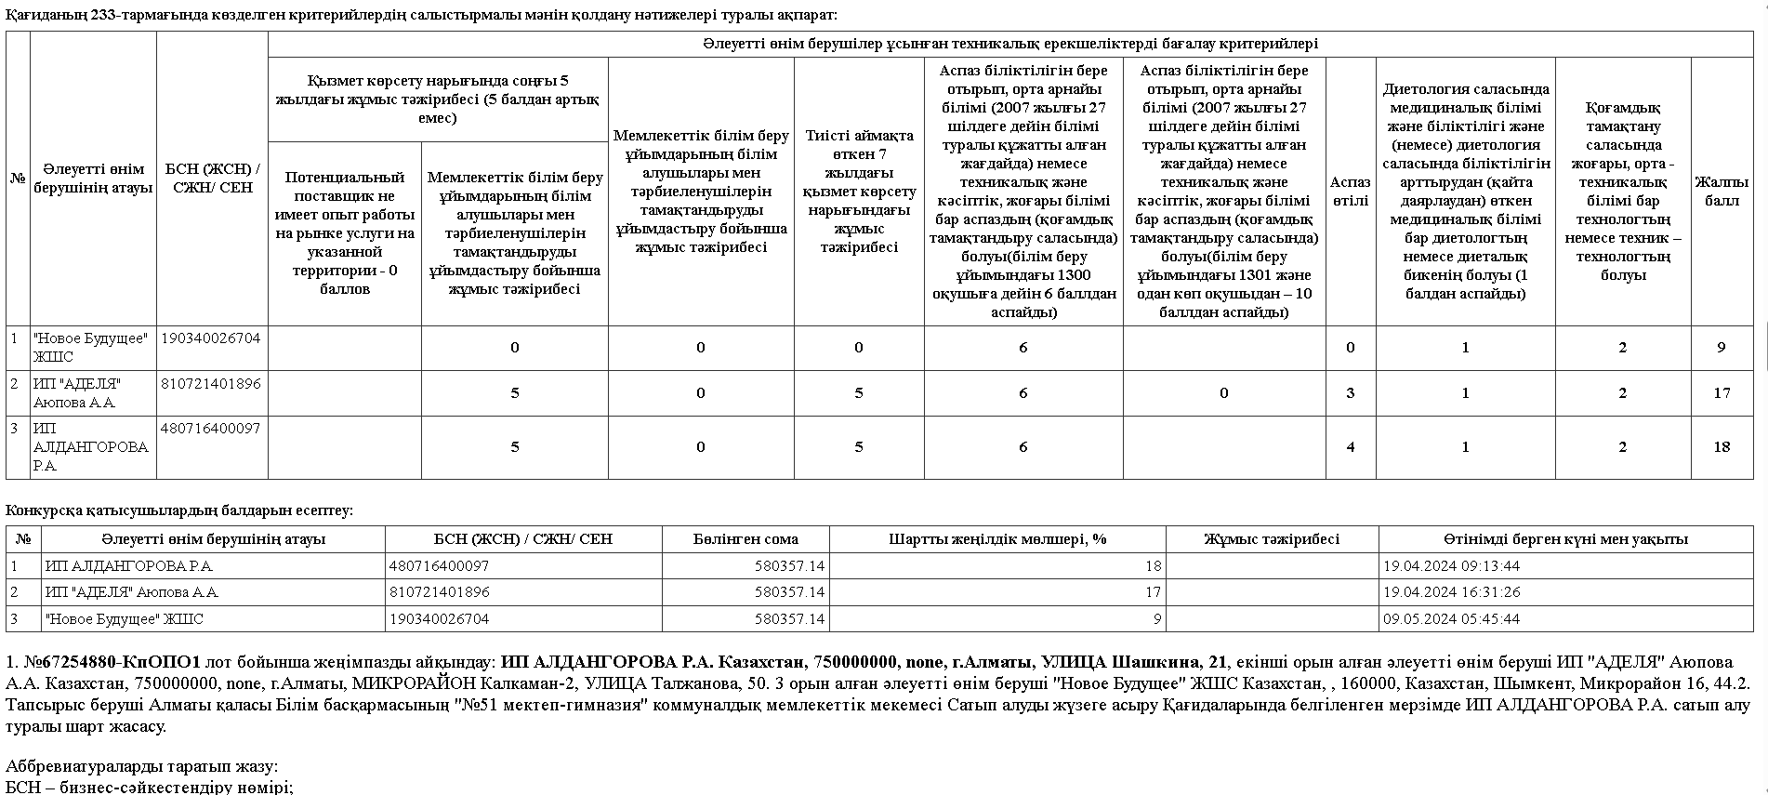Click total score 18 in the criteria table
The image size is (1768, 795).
(x=1722, y=447)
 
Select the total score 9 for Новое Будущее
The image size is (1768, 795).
(x=1722, y=348)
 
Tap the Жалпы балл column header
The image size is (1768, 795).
(x=1722, y=192)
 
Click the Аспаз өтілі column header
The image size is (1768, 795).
(x=1350, y=192)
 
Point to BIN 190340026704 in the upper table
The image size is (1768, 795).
(x=211, y=338)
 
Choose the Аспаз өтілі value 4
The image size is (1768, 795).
(x=1350, y=447)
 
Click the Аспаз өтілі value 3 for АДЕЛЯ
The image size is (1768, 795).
(x=1350, y=393)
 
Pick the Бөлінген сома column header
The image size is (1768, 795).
(x=745, y=539)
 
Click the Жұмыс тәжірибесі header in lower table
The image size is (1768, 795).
(x=1272, y=539)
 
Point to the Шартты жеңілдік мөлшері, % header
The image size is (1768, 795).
(x=997, y=539)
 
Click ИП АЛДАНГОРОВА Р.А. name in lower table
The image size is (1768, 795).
(x=129, y=566)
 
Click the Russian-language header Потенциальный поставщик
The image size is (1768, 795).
(x=345, y=233)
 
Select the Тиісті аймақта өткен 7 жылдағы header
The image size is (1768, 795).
(x=859, y=192)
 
